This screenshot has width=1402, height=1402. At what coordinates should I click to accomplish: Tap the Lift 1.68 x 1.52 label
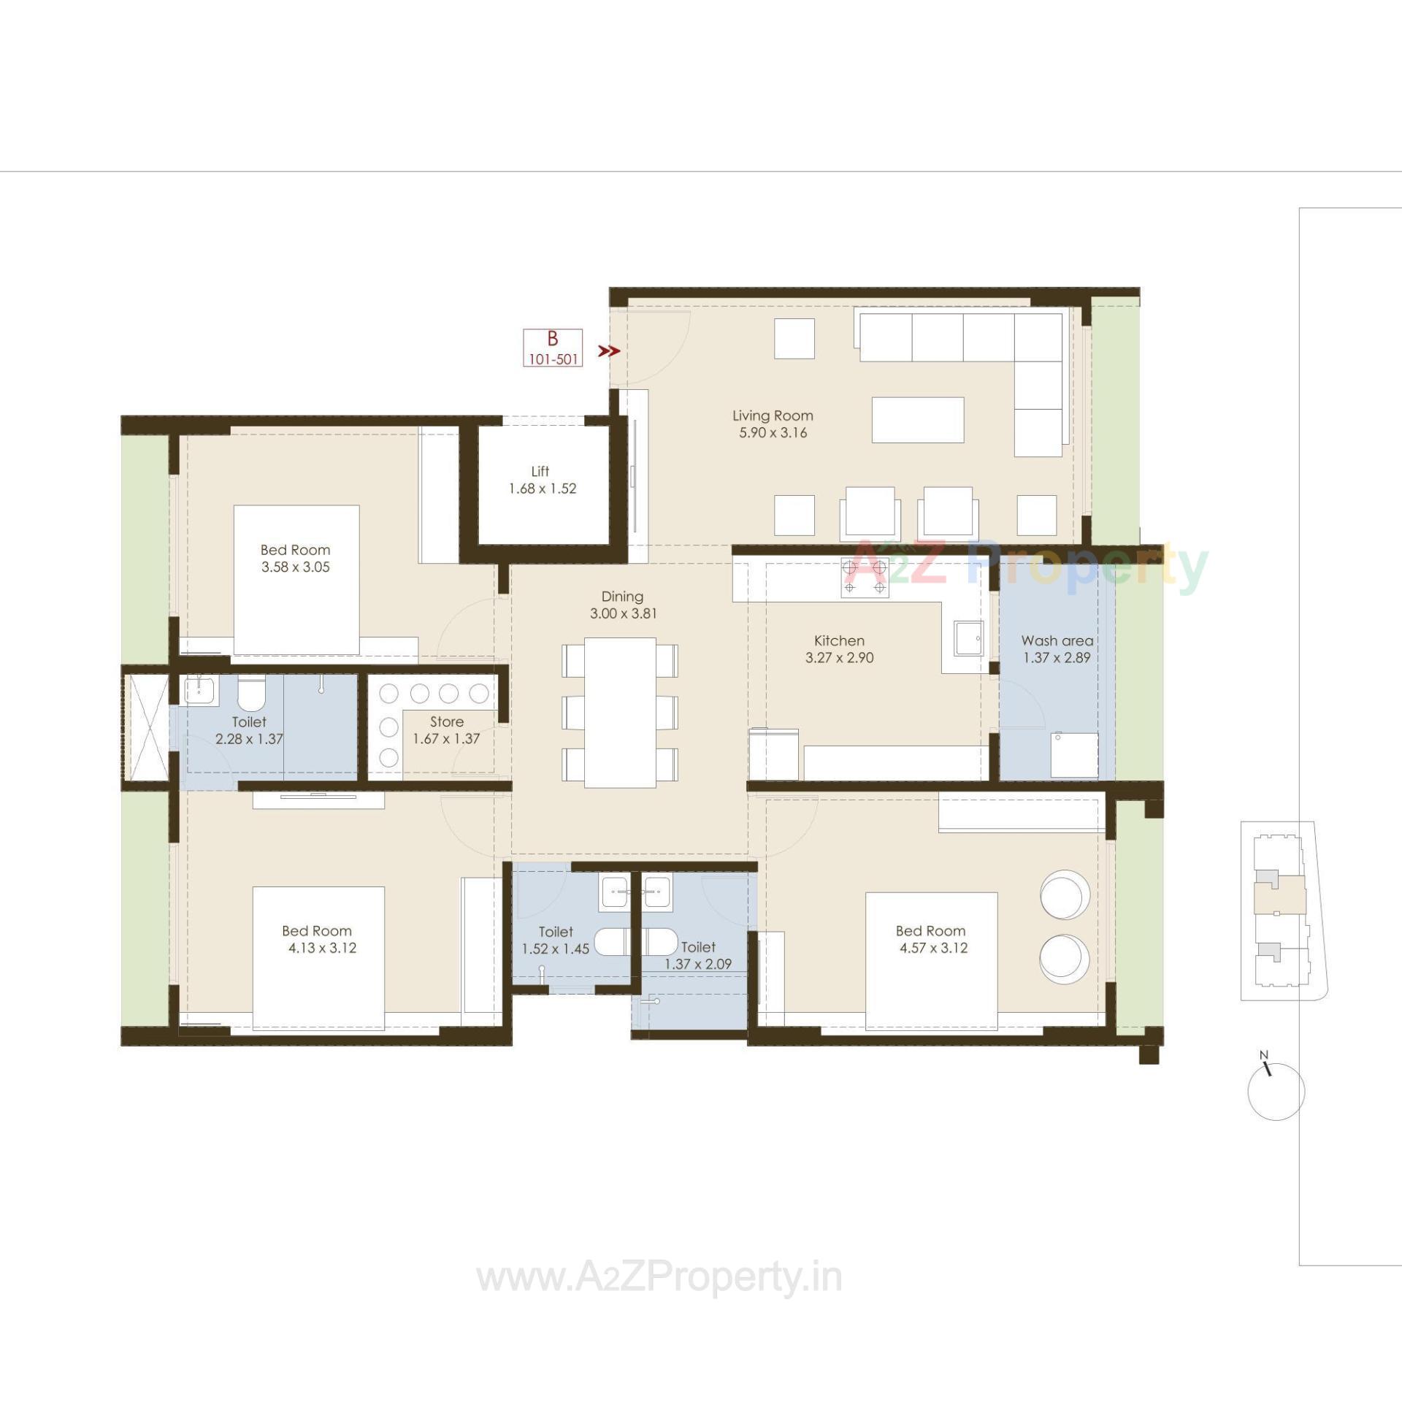tap(542, 480)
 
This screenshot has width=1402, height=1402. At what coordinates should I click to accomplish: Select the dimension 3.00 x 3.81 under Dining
tap(623, 614)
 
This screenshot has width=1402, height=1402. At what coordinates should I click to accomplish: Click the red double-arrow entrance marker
tap(609, 351)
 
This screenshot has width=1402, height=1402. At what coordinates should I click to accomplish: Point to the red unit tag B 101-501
tap(553, 348)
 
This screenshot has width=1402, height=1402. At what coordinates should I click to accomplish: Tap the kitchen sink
tap(969, 638)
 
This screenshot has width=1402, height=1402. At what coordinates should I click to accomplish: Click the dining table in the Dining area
tap(620, 713)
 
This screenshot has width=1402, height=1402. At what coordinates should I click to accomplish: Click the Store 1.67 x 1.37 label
tap(446, 730)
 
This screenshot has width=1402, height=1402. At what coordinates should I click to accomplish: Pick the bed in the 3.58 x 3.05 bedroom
tap(296, 579)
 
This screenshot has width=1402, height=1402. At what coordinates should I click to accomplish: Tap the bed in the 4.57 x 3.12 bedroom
tap(931, 960)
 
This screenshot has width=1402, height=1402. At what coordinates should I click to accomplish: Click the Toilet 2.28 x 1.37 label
tap(249, 730)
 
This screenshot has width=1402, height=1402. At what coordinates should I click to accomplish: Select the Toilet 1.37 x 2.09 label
tap(697, 955)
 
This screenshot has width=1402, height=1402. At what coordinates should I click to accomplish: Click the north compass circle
tap(1276, 1092)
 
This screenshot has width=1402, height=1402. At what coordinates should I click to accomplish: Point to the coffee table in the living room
tap(918, 420)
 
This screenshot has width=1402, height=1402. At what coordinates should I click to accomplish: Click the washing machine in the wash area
tap(1074, 755)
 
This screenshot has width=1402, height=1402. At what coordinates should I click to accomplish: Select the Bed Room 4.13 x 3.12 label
tap(318, 939)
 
